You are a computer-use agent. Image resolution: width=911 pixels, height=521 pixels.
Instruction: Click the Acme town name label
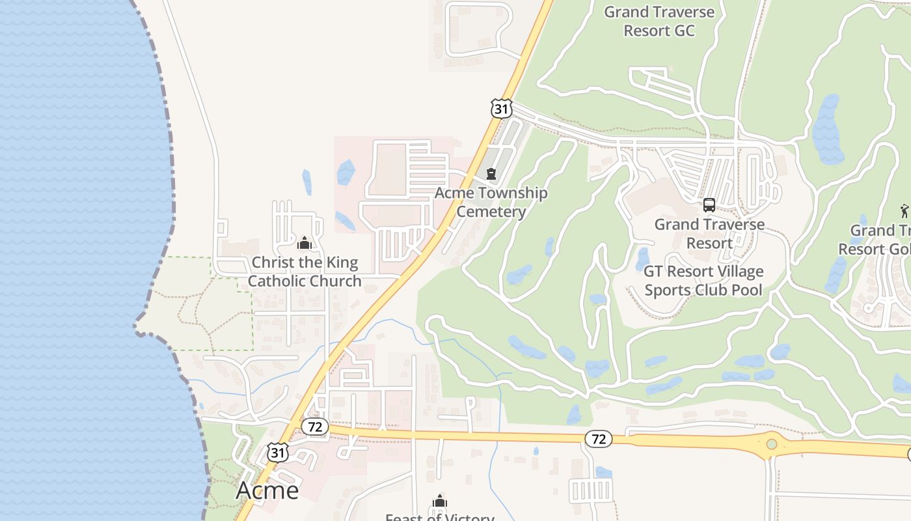pyautogui.click(x=267, y=490)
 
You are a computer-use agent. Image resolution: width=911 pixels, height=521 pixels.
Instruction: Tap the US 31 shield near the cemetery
pyautogui.click(x=500, y=108)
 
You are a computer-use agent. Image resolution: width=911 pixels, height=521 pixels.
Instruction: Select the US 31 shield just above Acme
pyautogui.click(x=278, y=453)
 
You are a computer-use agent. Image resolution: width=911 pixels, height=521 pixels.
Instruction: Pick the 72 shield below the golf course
pyautogui.click(x=599, y=439)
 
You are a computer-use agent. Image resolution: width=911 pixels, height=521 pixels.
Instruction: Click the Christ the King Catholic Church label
pyautogui.click(x=305, y=272)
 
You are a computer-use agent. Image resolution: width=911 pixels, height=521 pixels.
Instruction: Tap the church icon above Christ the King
pyautogui.click(x=304, y=244)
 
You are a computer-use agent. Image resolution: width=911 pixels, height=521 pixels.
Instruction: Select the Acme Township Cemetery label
pyautogui.click(x=491, y=202)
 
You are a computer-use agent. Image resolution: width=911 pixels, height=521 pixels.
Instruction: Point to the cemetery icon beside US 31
pyautogui.click(x=491, y=174)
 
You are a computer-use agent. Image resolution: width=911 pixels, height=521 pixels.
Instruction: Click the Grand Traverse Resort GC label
pyautogui.click(x=659, y=21)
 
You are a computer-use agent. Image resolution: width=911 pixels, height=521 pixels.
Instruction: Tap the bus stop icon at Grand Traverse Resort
pyautogui.click(x=709, y=205)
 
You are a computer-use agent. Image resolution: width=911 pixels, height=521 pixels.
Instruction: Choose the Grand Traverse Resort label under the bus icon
pyautogui.click(x=709, y=233)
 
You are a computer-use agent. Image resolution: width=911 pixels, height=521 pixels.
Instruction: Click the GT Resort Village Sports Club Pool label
pyautogui.click(x=703, y=280)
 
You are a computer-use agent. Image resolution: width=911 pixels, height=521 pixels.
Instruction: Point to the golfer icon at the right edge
pyautogui.click(x=904, y=210)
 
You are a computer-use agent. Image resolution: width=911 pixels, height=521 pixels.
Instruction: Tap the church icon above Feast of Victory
pyautogui.click(x=440, y=501)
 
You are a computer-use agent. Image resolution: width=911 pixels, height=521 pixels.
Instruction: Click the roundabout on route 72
pyautogui.click(x=771, y=444)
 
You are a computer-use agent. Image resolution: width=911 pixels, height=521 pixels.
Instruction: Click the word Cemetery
pyautogui.click(x=491, y=212)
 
